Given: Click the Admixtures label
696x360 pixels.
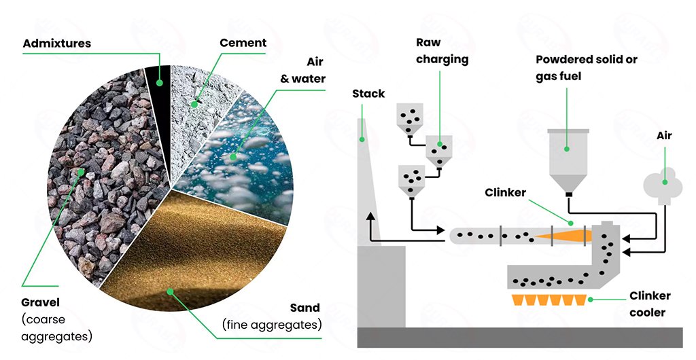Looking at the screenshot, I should click(57, 43).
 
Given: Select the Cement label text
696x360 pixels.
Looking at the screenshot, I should click(243, 43).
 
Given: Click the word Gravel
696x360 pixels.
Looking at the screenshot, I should click(41, 302).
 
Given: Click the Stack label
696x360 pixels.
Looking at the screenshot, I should click(368, 93).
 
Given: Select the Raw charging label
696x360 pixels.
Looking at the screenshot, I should click(442, 51).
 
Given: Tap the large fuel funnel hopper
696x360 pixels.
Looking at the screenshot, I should click(568, 160).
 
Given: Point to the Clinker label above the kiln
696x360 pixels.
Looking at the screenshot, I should click(505, 193).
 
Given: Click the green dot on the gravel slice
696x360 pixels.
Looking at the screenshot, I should click(82, 172).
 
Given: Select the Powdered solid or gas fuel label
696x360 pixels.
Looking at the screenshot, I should click(587, 68).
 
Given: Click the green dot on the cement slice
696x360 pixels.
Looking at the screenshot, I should click(195, 104).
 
